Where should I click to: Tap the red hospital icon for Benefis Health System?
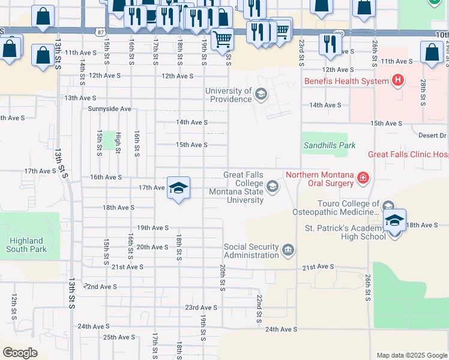click(x=397, y=80)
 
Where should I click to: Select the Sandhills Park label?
click(x=330, y=145)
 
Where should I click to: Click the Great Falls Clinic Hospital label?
click(x=408, y=154)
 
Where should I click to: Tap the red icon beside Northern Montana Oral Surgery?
click(x=363, y=178)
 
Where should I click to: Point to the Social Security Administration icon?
click(x=288, y=250)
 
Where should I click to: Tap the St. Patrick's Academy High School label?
click(x=345, y=232)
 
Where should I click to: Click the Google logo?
click(x=20, y=353)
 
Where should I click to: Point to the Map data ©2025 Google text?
click(x=411, y=355)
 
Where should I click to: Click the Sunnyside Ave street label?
click(x=109, y=109)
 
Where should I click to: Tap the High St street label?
click(x=118, y=143)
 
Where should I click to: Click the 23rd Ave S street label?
click(x=200, y=307)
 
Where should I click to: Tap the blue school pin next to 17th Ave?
click(x=178, y=188)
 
